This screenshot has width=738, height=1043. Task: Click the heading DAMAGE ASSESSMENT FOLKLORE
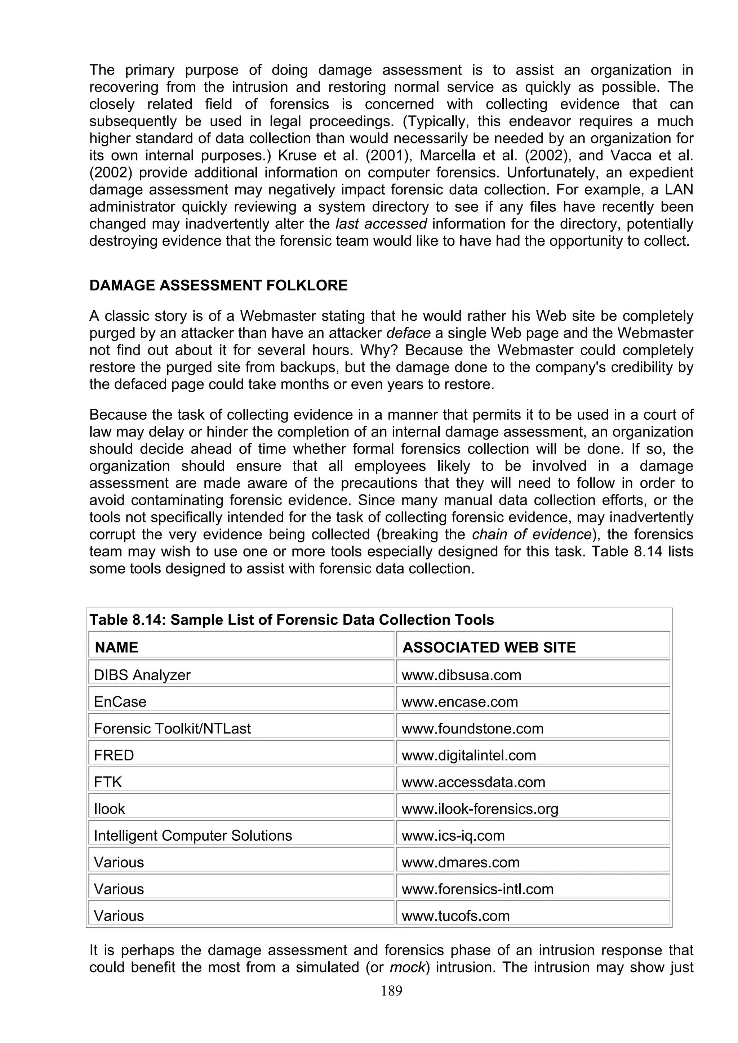(x=218, y=285)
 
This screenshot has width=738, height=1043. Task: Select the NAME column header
(x=116, y=647)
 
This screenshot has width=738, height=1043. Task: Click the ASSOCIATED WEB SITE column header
(x=489, y=647)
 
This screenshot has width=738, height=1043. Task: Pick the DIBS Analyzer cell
(x=142, y=675)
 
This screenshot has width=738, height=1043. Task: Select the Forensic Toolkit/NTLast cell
(x=172, y=729)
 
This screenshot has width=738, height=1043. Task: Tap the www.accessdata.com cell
(x=474, y=782)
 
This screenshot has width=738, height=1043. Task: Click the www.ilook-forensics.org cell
(x=480, y=809)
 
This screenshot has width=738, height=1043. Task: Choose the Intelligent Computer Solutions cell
(x=193, y=836)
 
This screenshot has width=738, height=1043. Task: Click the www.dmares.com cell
(x=460, y=863)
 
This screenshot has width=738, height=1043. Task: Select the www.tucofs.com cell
(x=455, y=916)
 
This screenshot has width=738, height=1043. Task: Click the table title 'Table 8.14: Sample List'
(x=291, y=620)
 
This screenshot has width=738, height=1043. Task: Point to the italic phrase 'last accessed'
(x=381, y=224)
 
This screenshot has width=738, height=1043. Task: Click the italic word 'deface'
(x=408, y=333)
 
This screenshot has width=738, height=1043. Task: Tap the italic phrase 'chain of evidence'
(x=531, y=535)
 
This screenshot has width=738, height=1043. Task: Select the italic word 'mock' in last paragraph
(x=407, y=967)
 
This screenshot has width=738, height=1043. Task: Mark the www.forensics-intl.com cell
(x=477, y=889)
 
